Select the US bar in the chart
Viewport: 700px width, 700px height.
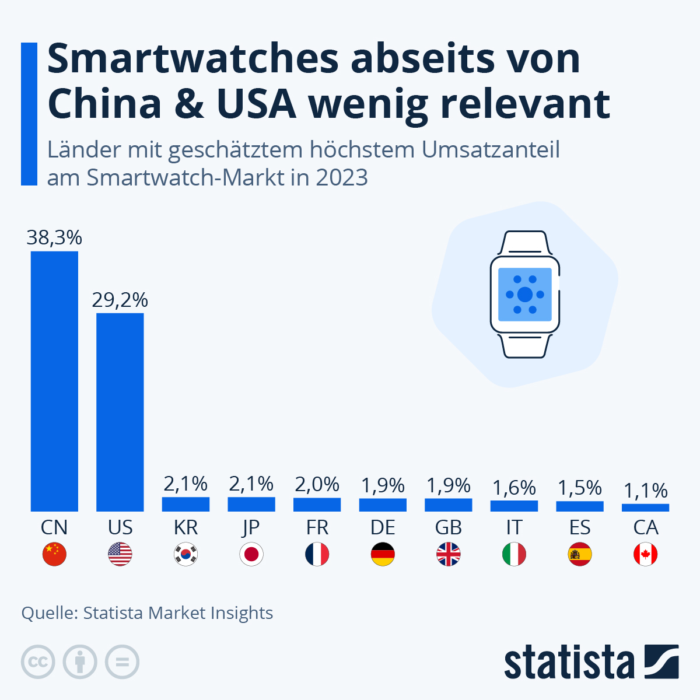tap(120, 412)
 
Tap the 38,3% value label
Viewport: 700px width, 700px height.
tap(54, 237)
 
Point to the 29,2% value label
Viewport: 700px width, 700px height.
tap(120, 300)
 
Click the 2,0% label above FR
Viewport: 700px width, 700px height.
tap(317, 484)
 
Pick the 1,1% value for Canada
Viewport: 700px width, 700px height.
tap(646, 491)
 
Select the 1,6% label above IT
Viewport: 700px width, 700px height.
tap(514, 487)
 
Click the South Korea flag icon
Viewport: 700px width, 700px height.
tap(186, 554)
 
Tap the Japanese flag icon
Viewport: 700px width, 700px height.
tap(251, 554)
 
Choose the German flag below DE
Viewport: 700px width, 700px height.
tap(383, 554)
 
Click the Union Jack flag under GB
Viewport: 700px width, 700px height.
tap(449, 554)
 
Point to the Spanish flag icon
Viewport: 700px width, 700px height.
tap(580, 554)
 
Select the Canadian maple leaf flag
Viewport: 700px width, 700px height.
tap(646, 554)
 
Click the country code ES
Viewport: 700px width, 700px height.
tap(580, 527)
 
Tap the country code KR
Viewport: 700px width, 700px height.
tap(186, 527)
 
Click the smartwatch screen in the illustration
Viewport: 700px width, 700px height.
tap(524, 295)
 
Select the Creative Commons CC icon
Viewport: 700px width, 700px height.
tap(38, 662)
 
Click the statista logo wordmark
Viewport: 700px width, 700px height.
tap(569, 662)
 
